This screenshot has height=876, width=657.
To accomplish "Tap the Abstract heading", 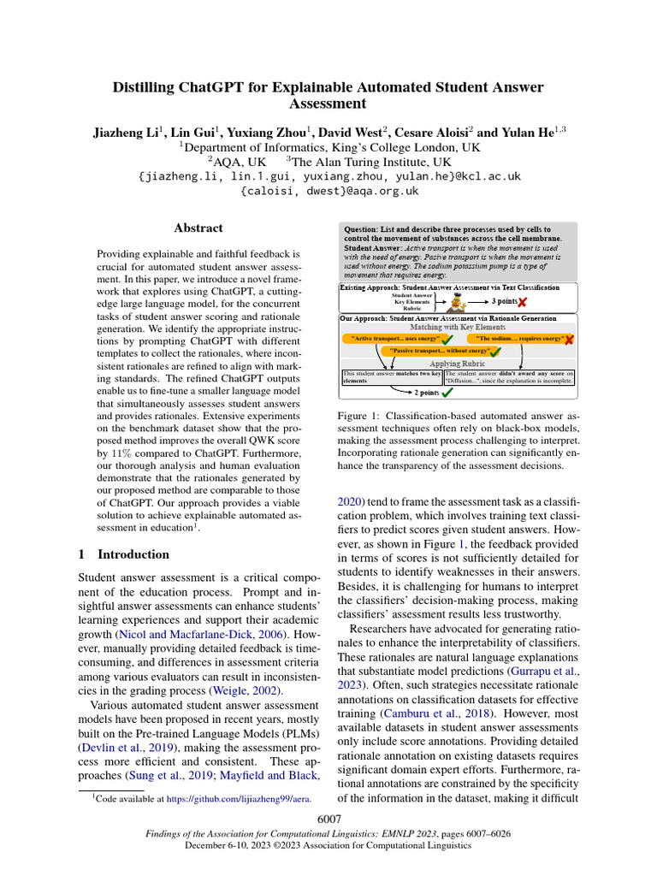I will coord(198,228).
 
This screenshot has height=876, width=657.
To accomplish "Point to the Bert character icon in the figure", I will coord(459,302).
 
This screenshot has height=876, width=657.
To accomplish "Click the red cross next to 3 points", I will coord(522,302).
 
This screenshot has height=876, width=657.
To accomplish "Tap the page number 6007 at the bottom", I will coord(328,820).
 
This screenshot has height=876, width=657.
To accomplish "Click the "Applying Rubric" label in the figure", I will coord(457,363).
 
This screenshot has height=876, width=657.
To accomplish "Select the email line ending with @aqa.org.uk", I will coord(328,192).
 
